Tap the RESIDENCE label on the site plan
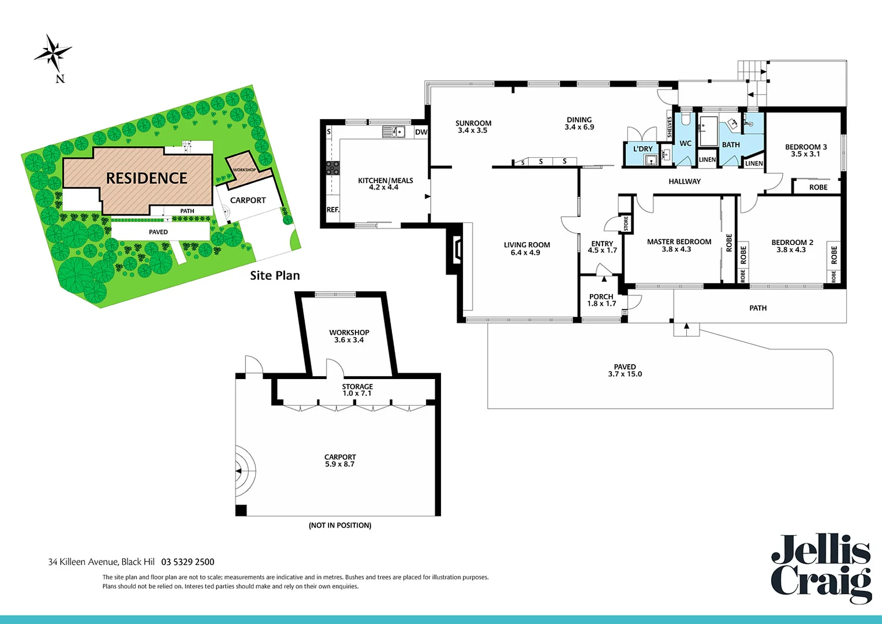(x=147, y=178)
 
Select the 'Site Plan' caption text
(x=275, y=276)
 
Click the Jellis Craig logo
(x=821, y=569)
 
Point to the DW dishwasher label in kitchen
(x=421, y=132)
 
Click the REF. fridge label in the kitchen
(x=333, y=210)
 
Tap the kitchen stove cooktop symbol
(x=333, y=168)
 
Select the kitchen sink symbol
(x=394, y=132)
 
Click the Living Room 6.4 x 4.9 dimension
(x=526, y=252)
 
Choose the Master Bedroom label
(x=679, y=242)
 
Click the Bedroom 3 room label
(x=806, y=147)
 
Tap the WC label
(x=685, y=144)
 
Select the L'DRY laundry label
(x=642, y=148)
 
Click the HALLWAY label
(x=685, y=181)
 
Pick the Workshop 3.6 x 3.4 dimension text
(x=349, y=340)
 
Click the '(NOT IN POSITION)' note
(x=340, y=525)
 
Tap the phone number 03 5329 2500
(x=188, y=562)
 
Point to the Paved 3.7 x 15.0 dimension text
(x=625, y=374)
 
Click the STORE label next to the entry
(x=626, y=223)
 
